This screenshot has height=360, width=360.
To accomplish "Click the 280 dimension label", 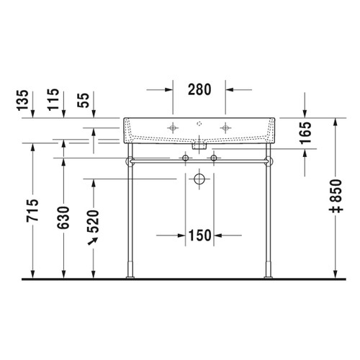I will point(199,90).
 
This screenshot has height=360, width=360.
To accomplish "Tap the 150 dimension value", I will point(199,235).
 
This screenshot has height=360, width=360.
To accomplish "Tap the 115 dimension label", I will point(64,100).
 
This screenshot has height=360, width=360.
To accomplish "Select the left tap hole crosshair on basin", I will point(172,128).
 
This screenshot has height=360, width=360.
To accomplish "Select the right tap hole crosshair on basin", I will point(228,128).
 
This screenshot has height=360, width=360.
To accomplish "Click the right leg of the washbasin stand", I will point(269,216).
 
